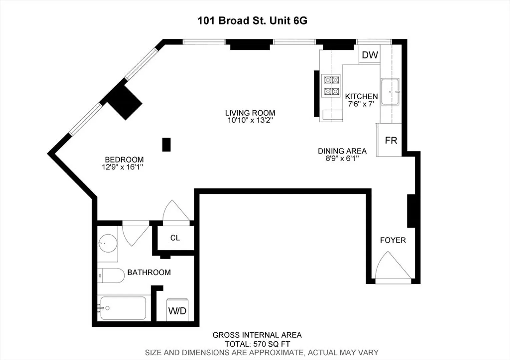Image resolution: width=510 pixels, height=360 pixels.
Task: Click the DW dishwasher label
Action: pos(370,55)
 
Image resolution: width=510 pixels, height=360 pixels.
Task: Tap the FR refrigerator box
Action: pos(389,140)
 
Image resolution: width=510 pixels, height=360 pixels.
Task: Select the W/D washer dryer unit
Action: pos(177,310)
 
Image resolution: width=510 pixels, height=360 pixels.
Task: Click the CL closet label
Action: pos(175,238)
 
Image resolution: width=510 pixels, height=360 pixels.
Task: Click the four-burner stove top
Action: pos(331,86)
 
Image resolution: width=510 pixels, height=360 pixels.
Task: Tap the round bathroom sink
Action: pos(108,243)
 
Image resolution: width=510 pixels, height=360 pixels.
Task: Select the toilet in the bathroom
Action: pos(111,276)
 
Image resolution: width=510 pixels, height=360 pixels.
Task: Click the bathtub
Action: pos(123,308)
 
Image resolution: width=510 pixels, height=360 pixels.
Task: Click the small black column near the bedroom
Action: pos(166,145)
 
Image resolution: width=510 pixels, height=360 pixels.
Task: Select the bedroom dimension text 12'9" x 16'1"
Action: pos(122,167)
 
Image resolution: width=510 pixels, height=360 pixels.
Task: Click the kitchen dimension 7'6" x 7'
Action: pos(361,104)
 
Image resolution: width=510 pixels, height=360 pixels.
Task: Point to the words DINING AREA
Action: pos(342,151)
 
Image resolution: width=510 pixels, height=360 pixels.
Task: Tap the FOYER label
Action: pos(393,240)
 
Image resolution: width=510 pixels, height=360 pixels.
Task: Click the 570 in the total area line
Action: pos(260,344)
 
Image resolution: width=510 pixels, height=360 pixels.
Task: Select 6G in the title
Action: pos(300,21)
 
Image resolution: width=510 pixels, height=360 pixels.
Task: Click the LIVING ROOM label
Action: pos(250,113)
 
